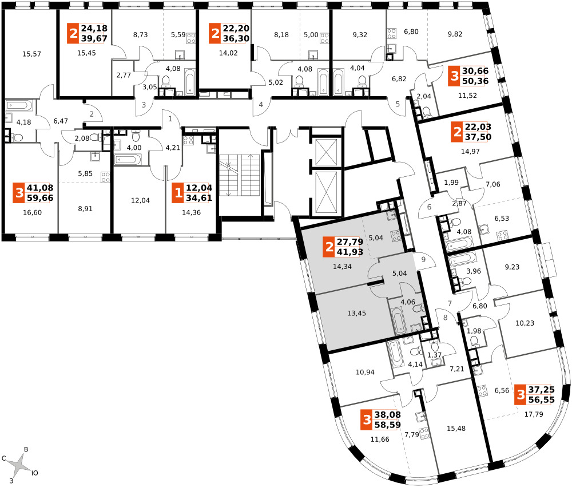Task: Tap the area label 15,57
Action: (x=31, y=54)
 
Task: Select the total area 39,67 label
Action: (x=94, y=38)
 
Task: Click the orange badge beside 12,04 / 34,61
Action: (x=178, y=193)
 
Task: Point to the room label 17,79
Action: (x=534, y=414)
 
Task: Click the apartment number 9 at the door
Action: (x=423, y=260)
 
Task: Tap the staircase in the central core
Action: (x=239, y=175)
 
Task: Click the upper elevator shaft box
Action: (x=327, y=152)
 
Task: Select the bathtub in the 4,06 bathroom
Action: (x=398, y=320)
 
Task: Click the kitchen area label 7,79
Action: (x=411, y=434)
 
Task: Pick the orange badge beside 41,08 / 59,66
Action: (x=19, y=193)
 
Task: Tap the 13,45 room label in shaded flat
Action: (x=356, y=313)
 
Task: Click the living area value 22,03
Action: (x=478, y=126)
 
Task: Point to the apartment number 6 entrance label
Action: (x=429, y=207)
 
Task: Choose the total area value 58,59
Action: (x=387, y=425)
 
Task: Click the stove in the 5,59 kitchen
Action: (x=191, y=38)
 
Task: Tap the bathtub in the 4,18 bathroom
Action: (x=19, y=106)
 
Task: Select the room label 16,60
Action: (x=32, y=212)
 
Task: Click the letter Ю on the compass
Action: (x=35, y=473)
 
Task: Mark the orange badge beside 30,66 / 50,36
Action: (x=454, y=76)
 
